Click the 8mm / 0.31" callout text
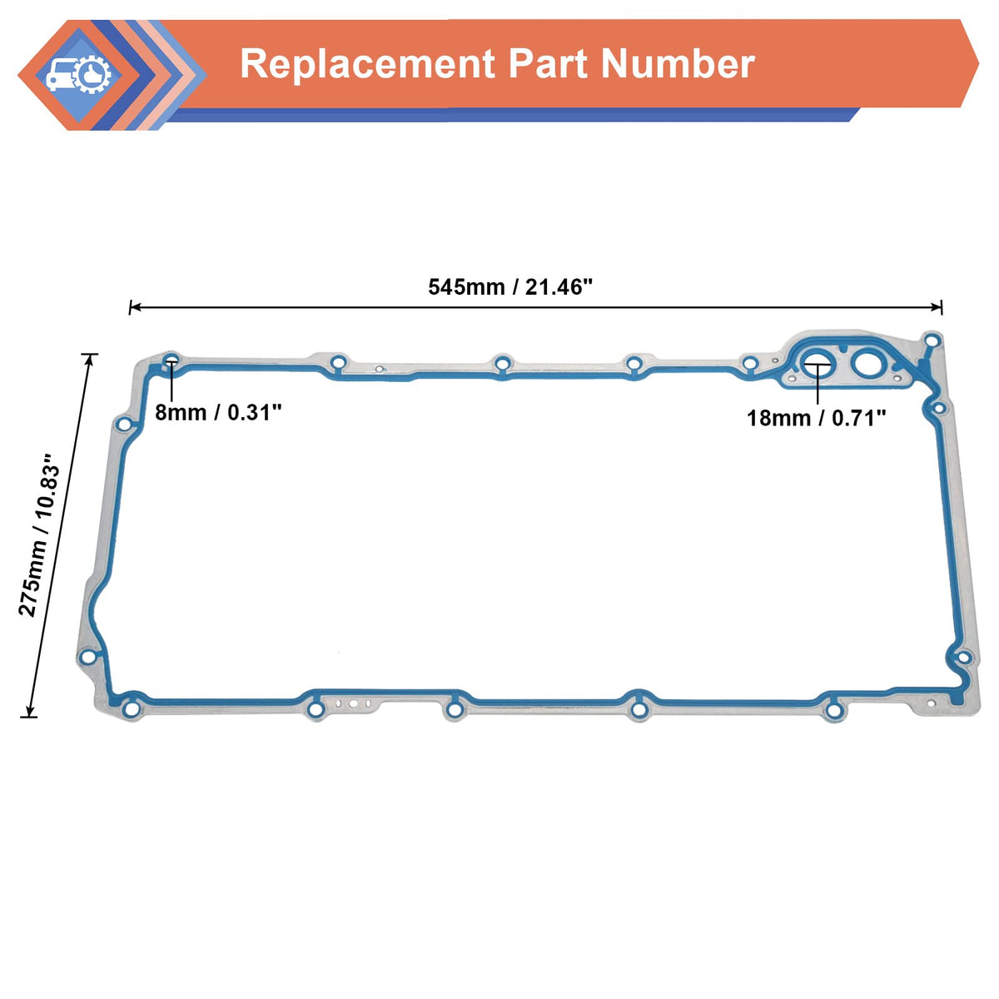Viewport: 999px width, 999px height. point(219,411)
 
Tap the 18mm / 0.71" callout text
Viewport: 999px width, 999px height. point(816,417)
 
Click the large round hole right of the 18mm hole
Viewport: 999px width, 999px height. point(867,364)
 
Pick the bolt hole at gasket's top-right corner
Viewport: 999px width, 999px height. point(932,340)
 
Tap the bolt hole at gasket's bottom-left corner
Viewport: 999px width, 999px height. point(131,710)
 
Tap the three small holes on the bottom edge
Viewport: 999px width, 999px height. point(354,703)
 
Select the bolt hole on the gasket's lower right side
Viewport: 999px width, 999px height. point(963,658)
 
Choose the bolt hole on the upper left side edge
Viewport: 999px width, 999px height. point(124,425)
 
